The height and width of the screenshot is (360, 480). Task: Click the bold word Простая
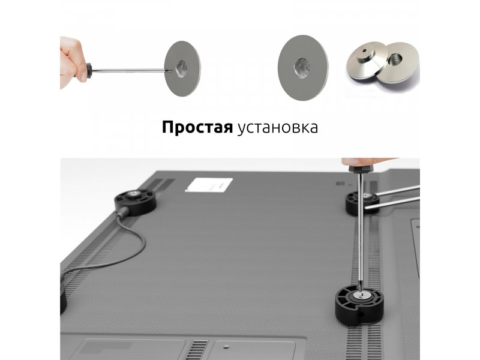pos(197,127)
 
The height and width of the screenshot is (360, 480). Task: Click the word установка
pos(277,128)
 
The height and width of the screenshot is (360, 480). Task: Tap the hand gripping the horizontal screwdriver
pos(73,63)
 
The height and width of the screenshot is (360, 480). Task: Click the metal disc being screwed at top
pos(183,68)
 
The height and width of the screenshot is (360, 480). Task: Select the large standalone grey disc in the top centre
pos(303,67)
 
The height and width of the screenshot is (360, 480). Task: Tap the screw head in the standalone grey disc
pos(302,67)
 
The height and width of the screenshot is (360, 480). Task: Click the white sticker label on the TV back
pos(209,185)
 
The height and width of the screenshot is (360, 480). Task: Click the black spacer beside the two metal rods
pos(361,203)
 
